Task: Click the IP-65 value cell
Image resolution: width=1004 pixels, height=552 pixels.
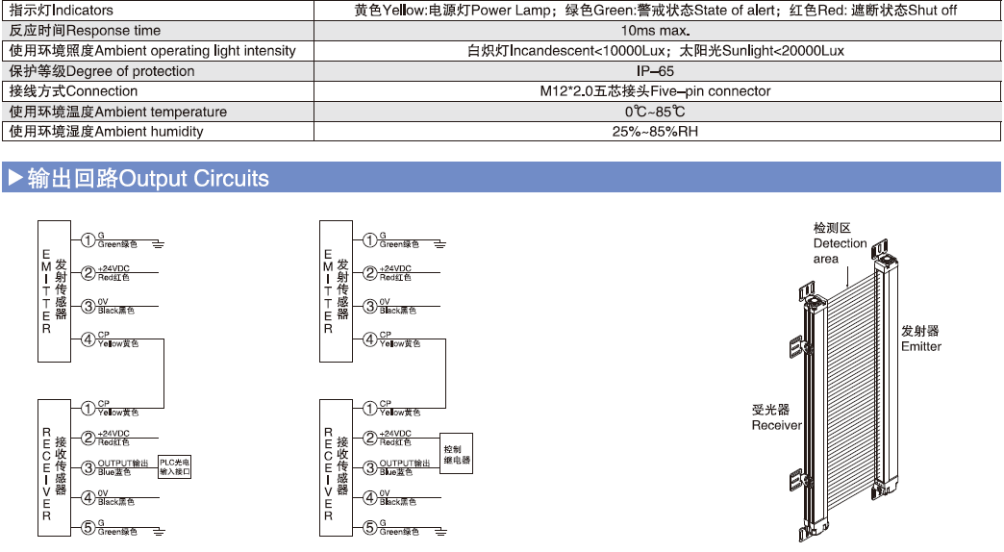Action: coord(655,71)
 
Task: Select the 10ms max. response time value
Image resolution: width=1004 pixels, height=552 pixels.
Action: coord(655,31)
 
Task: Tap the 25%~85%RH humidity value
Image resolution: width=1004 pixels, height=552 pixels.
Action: coord(655,132)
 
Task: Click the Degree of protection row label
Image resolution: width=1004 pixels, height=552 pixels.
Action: coord(102,71)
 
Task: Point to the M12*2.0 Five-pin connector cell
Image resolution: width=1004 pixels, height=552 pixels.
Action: coord(655,91)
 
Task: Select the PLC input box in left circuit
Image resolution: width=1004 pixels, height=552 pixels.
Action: coord(176,467)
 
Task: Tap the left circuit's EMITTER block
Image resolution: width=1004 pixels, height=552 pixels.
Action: coord(54,290)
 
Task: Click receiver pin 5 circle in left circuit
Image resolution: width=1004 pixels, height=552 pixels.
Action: coord(88,527)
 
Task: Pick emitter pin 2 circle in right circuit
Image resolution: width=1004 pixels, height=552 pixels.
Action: coord(370,273)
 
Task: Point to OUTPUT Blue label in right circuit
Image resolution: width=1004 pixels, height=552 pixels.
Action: coord(405,467)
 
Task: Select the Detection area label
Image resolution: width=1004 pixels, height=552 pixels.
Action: coord(839,243)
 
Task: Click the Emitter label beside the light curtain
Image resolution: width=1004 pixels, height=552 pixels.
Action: coord(920,339)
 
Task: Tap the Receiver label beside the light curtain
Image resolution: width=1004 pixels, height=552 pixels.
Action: coord(776,417)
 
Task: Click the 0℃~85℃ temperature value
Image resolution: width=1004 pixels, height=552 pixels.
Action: coord(655,112)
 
